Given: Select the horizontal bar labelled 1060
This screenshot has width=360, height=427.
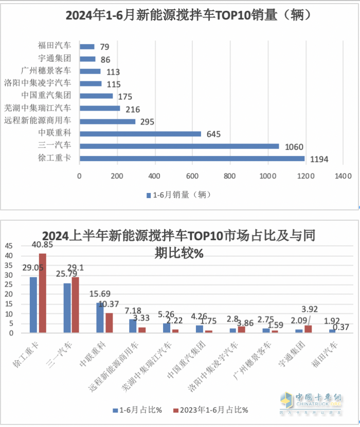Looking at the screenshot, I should coord(179,146).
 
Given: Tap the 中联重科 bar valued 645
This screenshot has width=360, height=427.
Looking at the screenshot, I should coord(140,134).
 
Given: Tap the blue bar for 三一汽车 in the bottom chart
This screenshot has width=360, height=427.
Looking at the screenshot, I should coord(67,308).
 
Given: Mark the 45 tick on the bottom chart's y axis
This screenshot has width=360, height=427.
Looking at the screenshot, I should coord(9,246).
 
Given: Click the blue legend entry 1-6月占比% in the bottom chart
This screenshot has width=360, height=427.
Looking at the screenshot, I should coord(137,410).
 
